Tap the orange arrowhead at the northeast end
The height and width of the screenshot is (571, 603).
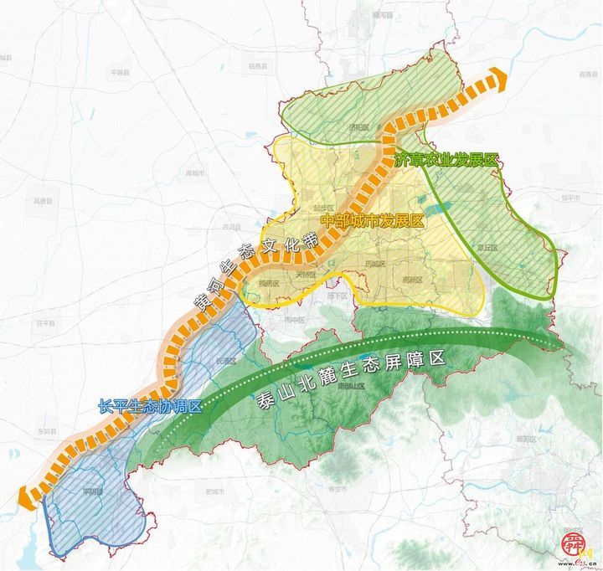(500, 78)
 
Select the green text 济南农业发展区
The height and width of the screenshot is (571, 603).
(447, 160)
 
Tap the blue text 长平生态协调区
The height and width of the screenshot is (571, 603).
(150, 406)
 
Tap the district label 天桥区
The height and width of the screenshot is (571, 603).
(304, 274)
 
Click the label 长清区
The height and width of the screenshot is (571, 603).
(226, 361)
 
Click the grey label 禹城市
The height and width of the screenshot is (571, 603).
(195, 173)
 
